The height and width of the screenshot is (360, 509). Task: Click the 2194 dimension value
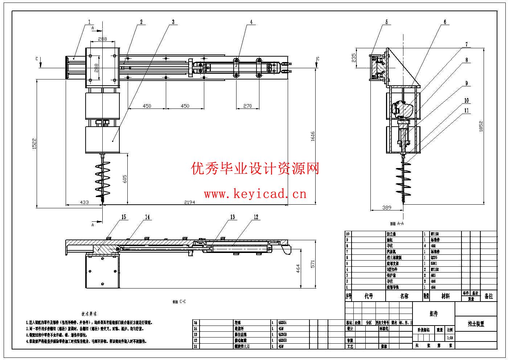click(189, 202)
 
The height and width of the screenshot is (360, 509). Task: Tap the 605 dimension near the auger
click(125, 179)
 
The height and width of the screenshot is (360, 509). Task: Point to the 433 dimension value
click(84, 202)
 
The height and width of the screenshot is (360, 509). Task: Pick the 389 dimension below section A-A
click(387, 208)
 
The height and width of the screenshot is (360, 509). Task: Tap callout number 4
click(251, 22)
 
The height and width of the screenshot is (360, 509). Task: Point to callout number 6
click(445, 22)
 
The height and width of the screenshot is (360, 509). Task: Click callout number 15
click(124, 217)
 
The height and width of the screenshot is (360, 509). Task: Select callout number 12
click(256, 217)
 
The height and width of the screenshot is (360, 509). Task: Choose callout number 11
click(467, 110)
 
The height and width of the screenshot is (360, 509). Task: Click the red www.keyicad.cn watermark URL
click(255, 194)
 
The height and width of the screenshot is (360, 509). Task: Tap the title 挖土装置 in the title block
click(476, 324)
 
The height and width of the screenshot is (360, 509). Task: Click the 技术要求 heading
click(89, 314)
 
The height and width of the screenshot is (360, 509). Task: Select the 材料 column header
click(446, 296)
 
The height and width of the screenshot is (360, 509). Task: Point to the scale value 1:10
click(450, 338)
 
